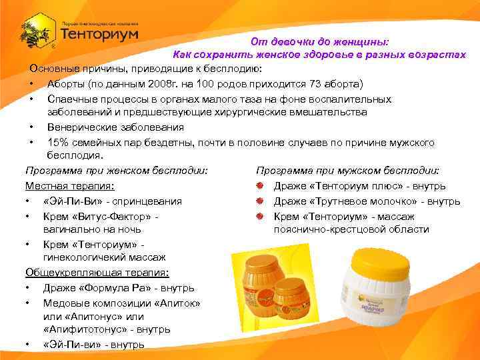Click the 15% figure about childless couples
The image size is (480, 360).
(59, 142)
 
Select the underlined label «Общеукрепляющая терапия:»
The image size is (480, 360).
(97, 272)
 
